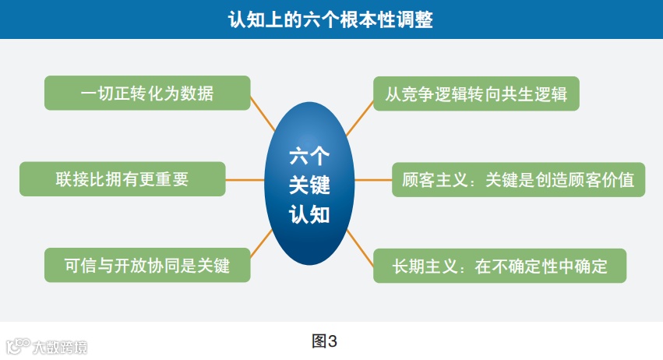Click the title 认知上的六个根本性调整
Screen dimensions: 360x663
[x=330, y=19]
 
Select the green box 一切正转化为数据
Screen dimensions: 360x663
[x=147, y=93]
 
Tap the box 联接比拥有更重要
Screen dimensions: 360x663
[x=122, y=179]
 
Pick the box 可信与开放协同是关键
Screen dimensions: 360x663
[x=147, y=265]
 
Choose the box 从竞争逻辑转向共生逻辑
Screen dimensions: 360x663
[x=476, y=94]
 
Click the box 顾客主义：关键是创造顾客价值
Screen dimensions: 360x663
[x=518, y=180]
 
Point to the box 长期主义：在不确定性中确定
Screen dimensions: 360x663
[x=499, y=266]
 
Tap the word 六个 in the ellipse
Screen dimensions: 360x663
[x=310, y=156]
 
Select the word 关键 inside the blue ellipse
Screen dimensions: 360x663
[x=310, y=185]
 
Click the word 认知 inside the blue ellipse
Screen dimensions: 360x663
[x=310, y=214]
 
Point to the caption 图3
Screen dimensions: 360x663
[x=324, y=341]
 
